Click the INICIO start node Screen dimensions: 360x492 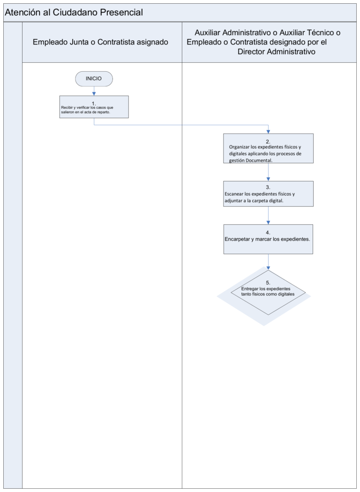click(94, 79)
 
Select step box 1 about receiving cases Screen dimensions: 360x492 click(94, 106)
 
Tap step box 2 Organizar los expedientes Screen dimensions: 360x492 click(269, 148)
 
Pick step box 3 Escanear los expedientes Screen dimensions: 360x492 click(269, 194)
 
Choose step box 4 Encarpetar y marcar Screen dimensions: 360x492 click(269, 239)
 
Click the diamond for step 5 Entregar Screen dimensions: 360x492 click(268, 293)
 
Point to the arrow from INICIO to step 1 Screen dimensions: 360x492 click(94, 91)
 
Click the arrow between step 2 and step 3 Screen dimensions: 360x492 click(269, 172)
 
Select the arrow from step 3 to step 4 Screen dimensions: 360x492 click(269, 215)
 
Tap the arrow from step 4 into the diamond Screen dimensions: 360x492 click(269, 262)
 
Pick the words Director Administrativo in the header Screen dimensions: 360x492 click(276, 52)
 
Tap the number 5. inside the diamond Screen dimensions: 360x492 click(268, 282)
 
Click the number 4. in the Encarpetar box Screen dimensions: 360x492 click(268, 233)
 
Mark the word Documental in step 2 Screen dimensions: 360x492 click(260, 160)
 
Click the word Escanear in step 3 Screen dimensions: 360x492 click(233, 194)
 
